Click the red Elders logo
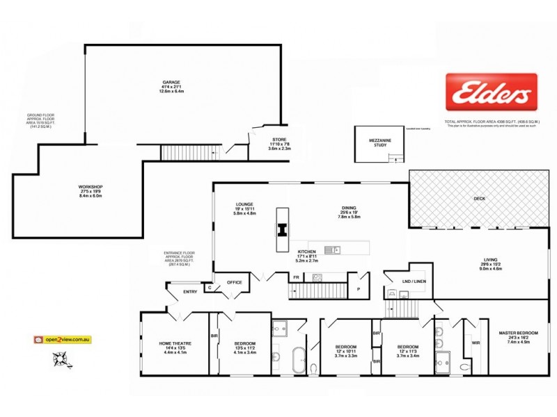[491, 91]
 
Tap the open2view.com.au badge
[63, 340]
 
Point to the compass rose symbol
[61, 359]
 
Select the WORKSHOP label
[91, 186]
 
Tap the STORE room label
[279, 140]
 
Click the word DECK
[478, 198]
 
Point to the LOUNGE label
[244, 204]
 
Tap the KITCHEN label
[307, 251]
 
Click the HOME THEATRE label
[175, 343]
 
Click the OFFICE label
[233, 282]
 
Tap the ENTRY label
[189, 291]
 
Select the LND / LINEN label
[414, 281]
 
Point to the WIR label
[476, 342]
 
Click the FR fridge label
[296, 277]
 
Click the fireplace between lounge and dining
[282, 229]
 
